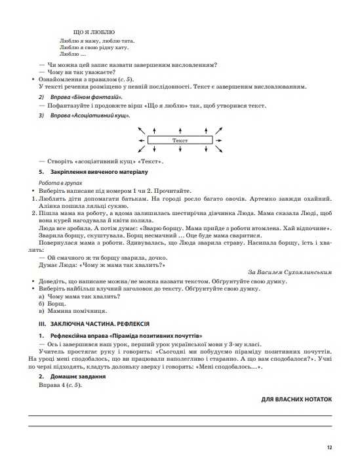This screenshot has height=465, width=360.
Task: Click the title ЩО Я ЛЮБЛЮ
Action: (x=96, y=31)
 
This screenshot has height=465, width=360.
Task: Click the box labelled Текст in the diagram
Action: (x=179, y=140)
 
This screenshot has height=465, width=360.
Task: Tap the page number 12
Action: (x=329, y=447)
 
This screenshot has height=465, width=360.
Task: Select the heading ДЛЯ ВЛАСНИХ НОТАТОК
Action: (x=296, y=399)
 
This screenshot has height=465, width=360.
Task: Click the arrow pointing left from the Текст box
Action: (x=142, y=140)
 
